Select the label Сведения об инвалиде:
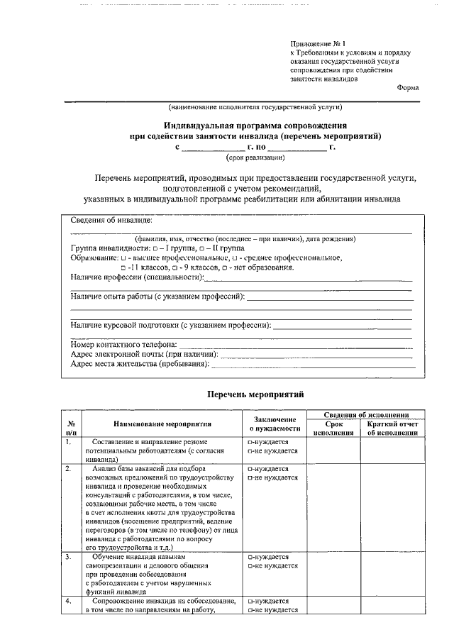click(x=111, y=221)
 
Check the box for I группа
click(x=155, y=249)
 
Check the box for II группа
click(x=201, y=249)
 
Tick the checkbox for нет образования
click(x=224, y=267)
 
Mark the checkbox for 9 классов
click(x=174, y=267)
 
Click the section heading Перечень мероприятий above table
click(x=255, y=393)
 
